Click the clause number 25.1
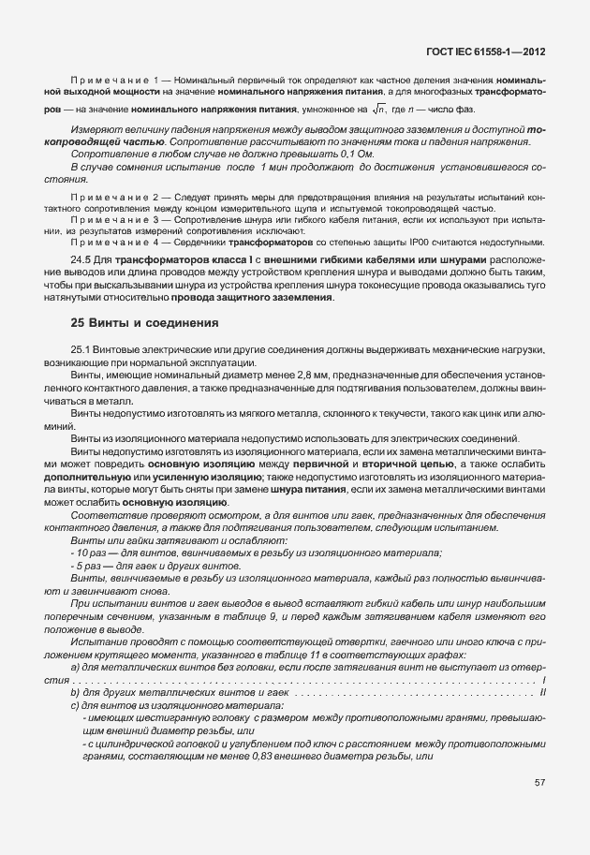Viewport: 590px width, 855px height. (82, 349)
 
